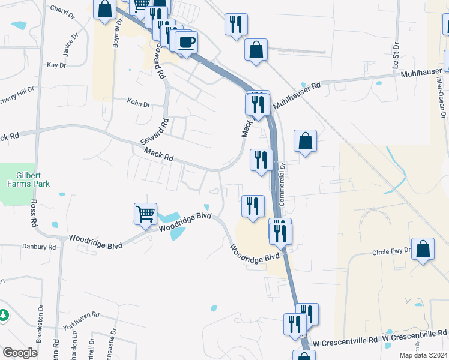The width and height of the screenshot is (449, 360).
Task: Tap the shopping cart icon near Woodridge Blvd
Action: click(146, 213)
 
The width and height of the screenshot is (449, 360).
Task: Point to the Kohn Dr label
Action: click(138, 104)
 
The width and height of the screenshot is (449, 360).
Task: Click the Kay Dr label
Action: click(56, 65)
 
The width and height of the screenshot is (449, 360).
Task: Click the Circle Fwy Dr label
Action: click(391, 251)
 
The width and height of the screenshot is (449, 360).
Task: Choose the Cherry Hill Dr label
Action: click(17, 97)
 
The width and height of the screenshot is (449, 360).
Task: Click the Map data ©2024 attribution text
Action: click(423, 355)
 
